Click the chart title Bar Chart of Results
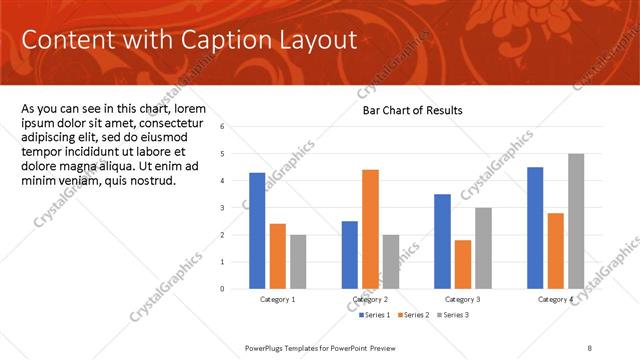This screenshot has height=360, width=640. (412, 110)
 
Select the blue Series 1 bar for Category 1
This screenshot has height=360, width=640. (257, 230)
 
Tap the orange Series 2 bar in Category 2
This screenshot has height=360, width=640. (370, 228)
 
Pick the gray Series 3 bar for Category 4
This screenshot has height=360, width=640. (575, 220)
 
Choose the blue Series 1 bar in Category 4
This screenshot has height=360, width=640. (535, 227)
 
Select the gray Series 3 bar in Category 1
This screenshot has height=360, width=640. (298, 261)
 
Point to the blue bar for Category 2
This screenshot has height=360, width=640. (349, 254)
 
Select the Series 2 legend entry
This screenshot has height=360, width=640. (416, 315)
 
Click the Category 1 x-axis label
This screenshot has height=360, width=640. (277, 300)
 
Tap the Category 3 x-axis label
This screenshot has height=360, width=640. (463, 300)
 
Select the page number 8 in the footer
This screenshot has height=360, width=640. (590, 346)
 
